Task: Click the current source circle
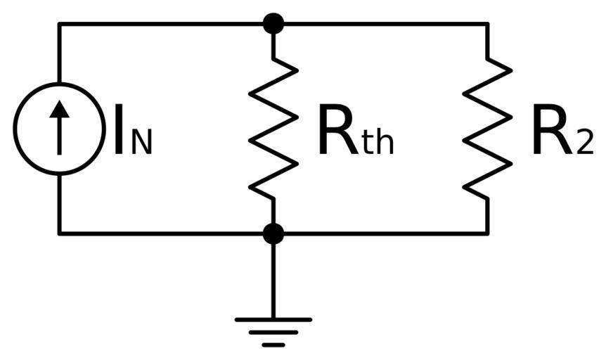point(59,129)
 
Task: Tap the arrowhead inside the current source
point(59,109)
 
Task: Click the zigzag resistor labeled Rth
point(273,129)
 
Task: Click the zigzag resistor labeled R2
point(487,129)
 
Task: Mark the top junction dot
point(273,23)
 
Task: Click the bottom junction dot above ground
point(273,233)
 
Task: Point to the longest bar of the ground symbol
point(273,320)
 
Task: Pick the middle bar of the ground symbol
point(273,333)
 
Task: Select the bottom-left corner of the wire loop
point(59,233)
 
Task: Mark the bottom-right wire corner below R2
point(487,233)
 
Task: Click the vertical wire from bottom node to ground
point(273,278)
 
